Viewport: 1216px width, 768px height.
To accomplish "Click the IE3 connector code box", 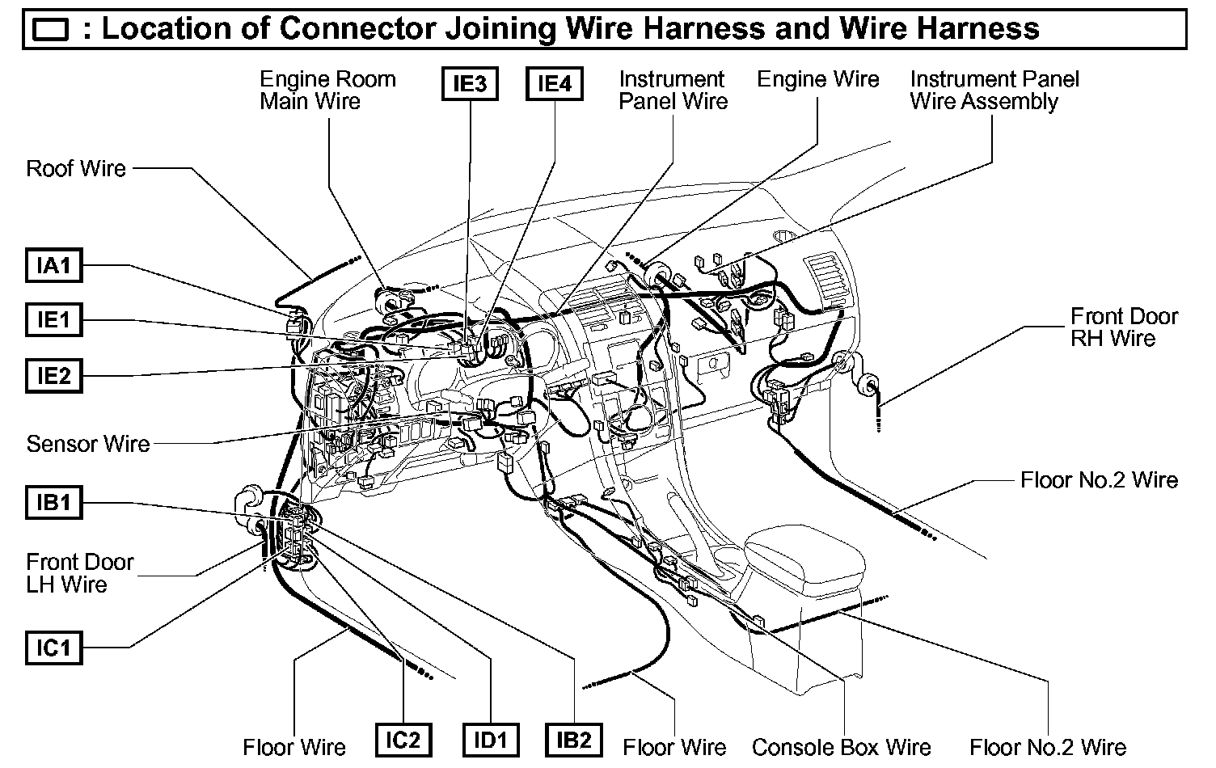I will tap(470, 83).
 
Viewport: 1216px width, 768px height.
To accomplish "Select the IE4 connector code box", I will tap(555, 83).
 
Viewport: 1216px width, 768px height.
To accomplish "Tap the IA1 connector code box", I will tap(54, 265).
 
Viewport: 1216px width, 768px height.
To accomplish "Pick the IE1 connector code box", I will tap(54, 320).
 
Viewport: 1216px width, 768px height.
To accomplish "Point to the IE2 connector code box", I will tap(54, 376).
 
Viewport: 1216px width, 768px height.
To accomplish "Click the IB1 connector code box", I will tap(54, 502).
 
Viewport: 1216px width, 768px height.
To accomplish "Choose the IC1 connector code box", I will tap(54, 648).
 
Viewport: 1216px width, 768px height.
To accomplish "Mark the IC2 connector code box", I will tap(403, 740).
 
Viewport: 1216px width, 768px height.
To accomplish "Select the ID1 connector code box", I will tap(490, 740).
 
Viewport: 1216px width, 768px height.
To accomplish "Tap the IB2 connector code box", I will tap(574, 740).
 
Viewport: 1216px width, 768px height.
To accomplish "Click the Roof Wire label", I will tap(76, 168).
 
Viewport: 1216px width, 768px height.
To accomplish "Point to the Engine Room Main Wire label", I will tap(327, 91).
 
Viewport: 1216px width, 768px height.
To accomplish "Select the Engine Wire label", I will tap(817, 79).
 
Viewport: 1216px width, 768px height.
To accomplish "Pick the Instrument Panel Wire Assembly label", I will tap(994, 91).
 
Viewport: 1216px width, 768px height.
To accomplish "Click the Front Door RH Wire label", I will tap(1124, 327).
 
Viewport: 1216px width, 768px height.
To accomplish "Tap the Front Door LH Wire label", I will tap(79, 572).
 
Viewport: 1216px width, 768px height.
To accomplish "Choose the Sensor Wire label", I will tap(88, 444).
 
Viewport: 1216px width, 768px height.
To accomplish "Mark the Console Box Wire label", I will tap(841, 746).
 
